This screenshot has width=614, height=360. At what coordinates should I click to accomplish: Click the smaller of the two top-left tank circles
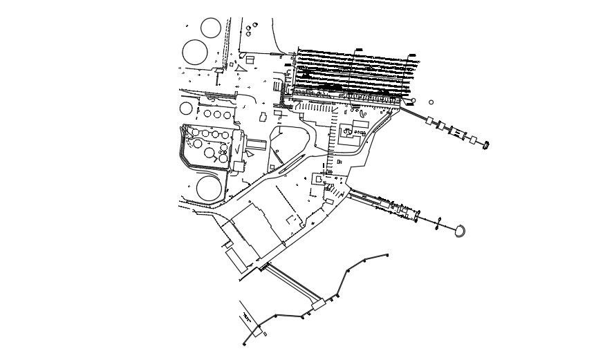tap(211, 28)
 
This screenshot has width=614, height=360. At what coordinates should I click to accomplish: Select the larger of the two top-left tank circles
tap(194, 52)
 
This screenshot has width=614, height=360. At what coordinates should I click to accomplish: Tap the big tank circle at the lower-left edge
tap(210, 188)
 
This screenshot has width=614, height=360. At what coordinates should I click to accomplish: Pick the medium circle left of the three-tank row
tap(187, 108)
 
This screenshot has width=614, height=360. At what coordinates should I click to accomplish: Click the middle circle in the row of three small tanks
tap(217, 114)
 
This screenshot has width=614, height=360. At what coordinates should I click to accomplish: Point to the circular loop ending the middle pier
tap(459, 231)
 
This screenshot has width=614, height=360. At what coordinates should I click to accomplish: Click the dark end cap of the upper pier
tap(486, 144)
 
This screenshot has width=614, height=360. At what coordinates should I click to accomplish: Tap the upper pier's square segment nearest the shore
tap(430, 121)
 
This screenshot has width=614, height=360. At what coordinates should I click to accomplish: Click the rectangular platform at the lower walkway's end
tap(319, 305)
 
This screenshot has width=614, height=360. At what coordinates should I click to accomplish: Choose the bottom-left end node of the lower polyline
tap(244, 343)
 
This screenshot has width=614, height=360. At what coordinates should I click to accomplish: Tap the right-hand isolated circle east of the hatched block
tap(431, 102)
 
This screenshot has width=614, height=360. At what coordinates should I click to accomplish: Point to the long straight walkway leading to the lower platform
tap(291, 283)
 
